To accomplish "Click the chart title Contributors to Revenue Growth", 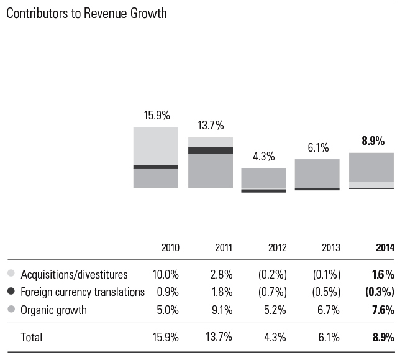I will click(x=86, y=13).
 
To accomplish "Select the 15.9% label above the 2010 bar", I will click(x=157, y=116).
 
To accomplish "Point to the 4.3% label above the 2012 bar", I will click(x=263, y=157).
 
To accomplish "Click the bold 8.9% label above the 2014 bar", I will click(x=373, y=141).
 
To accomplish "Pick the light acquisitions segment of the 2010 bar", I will click(x=156, y=146).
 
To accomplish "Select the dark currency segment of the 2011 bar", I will click(x=211, y=150).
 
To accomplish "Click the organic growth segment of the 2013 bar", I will click(x=317, y=173).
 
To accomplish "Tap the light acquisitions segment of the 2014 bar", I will click(x=371, y=184).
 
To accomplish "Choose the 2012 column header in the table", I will click(x=277, y=247).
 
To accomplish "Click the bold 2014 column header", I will click(x=385, y=247).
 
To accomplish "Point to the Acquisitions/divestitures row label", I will click(x=74, y=274).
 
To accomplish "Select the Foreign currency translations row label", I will click(x=83, y=292).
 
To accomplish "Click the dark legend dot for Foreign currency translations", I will click(x=11, y=292).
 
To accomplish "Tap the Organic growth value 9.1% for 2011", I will click(x=222, y=310).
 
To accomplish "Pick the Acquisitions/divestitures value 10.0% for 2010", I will click(x=166, y=274).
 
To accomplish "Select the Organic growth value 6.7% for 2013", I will click(x=330, y=310).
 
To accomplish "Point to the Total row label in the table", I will click(x=32, y=338).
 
